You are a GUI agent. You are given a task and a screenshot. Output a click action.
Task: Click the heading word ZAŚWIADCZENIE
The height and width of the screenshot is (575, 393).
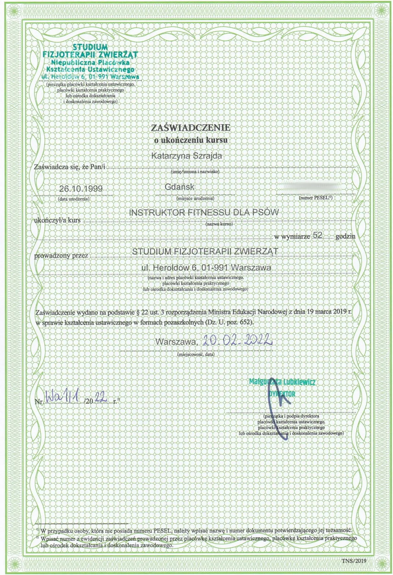pyautogui.click(x=191, y=128)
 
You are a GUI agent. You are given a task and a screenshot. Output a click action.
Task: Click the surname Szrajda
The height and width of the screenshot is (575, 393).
pyautogui.click(x=205, y=156)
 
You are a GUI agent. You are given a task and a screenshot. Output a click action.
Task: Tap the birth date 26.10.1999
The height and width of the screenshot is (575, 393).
pyautogui.click(x=81, y=189)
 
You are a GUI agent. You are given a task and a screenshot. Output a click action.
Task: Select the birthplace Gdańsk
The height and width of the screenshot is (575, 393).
pyautogui.click(x=180, y=187)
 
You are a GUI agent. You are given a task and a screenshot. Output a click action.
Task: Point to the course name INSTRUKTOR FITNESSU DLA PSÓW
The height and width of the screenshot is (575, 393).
pyautogui.click(x=204, y=213)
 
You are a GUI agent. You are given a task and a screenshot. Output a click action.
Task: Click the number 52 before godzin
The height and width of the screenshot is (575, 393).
pyautogui.click(x=317, y=235)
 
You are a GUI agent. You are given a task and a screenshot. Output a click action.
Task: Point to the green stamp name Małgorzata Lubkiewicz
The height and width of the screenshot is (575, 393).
pyautogui.click(x=282, y=382)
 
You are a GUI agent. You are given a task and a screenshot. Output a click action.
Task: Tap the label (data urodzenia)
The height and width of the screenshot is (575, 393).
pyautogui.click(x=74, y=199)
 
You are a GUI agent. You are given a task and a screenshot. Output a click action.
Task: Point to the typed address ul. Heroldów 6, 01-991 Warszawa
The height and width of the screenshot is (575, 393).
pyautogui.click(x=206, y=267)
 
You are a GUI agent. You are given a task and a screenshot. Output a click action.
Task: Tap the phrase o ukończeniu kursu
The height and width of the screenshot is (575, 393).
pyautogui.click(x=191, y=140)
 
